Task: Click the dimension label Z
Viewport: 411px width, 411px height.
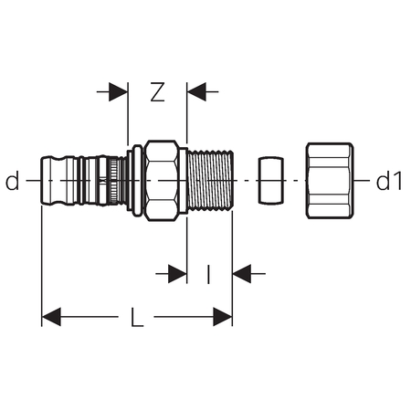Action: (x=158, y=91)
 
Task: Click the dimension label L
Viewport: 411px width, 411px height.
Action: (x=137, y=317)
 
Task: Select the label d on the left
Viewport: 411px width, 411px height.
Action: (x=12, y=181)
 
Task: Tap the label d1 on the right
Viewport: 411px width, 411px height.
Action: (x=389, y=181)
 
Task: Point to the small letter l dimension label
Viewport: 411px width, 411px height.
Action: (x=208, y=274)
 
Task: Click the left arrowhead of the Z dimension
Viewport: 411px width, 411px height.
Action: (x=118, y=91)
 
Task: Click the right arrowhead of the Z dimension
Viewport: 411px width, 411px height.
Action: (x=196, y=91)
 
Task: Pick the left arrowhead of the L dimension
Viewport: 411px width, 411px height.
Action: (x=51, y=317)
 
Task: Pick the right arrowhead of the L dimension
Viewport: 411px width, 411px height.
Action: (x=223, y=317)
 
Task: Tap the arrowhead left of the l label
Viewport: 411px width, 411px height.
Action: (x=177, y=274)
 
